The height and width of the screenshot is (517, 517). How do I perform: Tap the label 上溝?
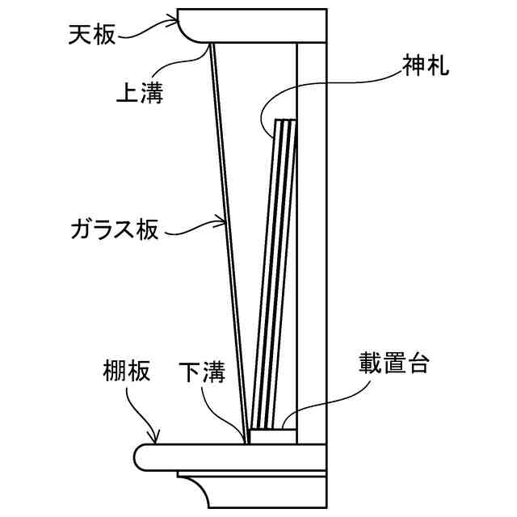pyautogui.click(x=141, y=95)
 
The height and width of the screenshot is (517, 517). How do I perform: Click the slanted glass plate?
pyautogui.click(x=229, y=242)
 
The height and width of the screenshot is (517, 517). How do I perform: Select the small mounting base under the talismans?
pyautogui.click(x=271, y=436)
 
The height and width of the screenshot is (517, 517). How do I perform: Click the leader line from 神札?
pyautogui.click(x=323, y=81)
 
